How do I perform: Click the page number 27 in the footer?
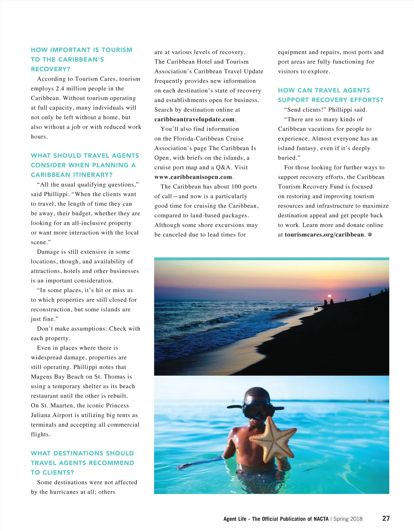(x=386, y=518)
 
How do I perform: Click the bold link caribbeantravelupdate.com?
(x=195, y=119)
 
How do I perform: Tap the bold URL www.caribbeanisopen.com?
(x=193, y=177)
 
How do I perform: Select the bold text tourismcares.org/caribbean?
(x=324, y=234)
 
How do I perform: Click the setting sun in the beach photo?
(x=329, y=296)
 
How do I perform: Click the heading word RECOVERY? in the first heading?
(x=50, y=69)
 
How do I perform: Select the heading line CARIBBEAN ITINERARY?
(x=72, y=175)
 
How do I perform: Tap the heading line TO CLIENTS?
(x=52, y=472)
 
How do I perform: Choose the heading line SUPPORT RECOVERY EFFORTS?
(x=331, y=100)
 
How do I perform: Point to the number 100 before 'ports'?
(x=236, y=187)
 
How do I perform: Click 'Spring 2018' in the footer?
(x=348, y=519)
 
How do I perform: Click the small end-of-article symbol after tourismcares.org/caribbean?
(x=370, y=234)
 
